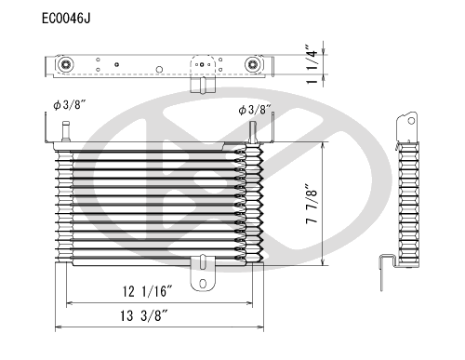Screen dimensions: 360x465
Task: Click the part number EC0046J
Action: pyautogui.click(x=66, y=17)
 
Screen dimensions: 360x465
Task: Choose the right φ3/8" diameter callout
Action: pyautogui.click(x=254, y=110)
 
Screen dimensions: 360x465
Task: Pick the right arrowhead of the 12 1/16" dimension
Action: pyautogui.click(x=256, y=303)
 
